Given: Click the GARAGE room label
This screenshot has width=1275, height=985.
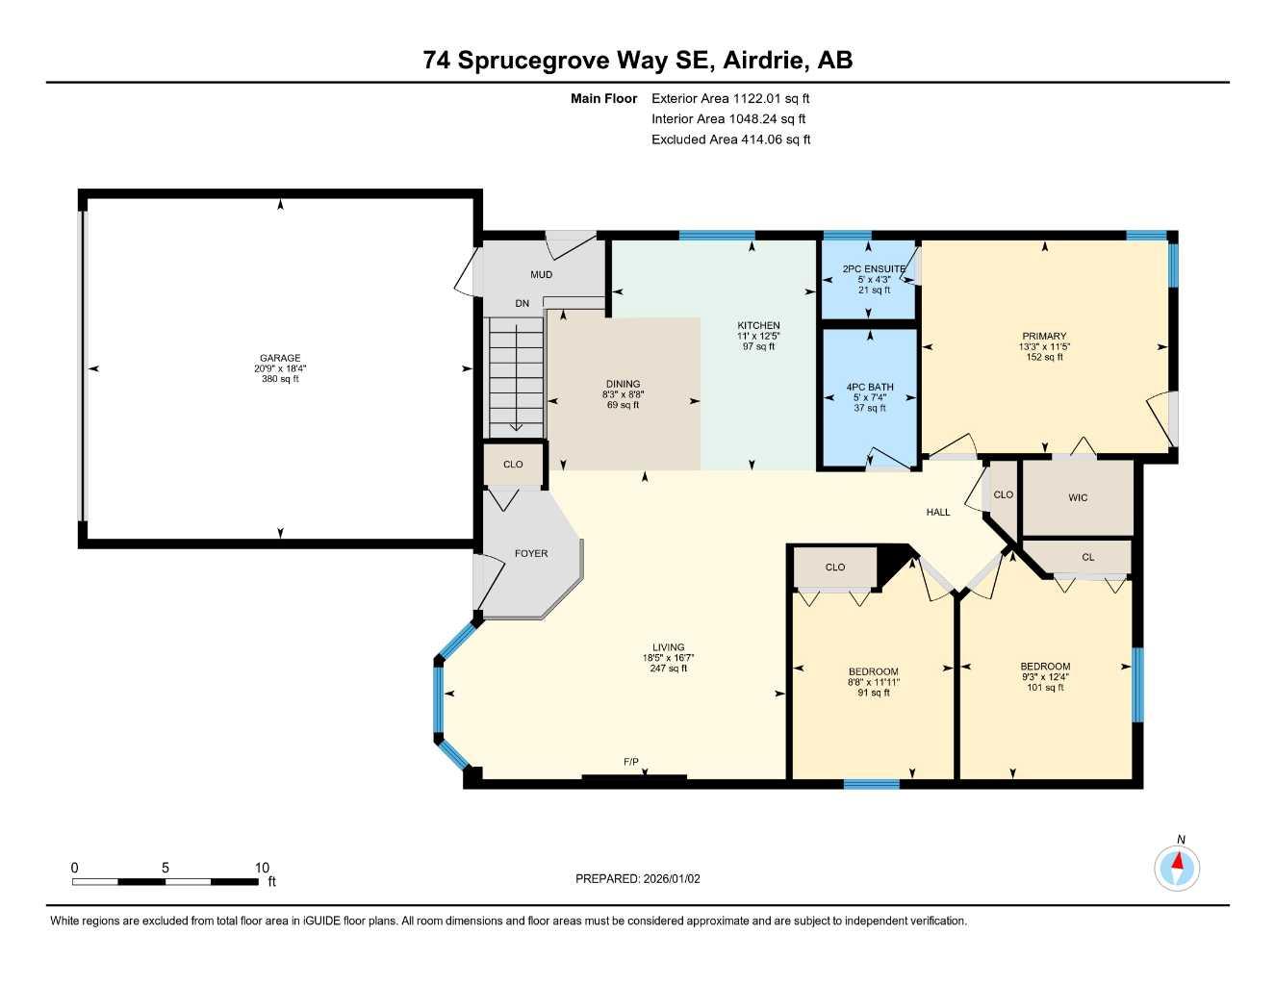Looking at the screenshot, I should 280,358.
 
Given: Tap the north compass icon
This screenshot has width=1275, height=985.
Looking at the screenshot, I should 1177,869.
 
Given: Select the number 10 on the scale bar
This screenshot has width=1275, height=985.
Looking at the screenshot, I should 262,868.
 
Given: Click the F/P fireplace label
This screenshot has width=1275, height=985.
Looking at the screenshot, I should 631,762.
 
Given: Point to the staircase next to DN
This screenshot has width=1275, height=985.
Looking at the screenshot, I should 516,378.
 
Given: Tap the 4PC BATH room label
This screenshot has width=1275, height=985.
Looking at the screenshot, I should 870,387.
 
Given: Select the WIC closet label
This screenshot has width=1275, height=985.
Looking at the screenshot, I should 1078,497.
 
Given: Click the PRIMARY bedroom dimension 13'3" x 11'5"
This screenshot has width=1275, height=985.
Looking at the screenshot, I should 1044,346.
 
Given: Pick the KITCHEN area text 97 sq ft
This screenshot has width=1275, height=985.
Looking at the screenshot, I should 758,346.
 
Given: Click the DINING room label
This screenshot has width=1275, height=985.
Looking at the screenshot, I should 624,384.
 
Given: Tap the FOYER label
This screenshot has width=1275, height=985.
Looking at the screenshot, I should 531,553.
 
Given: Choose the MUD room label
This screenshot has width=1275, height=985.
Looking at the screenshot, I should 542,275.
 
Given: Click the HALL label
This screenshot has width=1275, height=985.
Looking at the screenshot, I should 938,512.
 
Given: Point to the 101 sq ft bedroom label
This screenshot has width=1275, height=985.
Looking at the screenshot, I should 1045,688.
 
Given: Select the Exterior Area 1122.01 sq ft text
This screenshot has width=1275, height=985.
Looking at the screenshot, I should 730,98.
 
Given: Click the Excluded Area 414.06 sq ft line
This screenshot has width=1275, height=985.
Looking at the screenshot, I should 730,139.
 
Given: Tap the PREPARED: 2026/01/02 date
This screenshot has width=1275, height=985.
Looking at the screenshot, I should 638,878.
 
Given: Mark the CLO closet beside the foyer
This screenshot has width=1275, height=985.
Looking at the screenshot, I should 513,465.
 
